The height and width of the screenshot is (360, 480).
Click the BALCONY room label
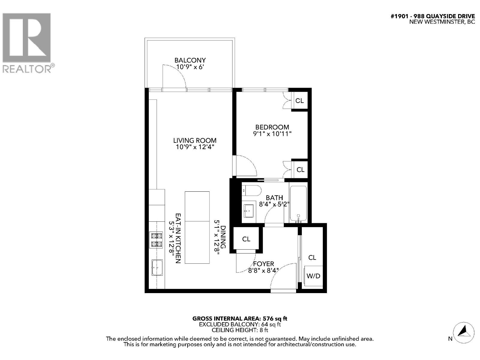(190, 60)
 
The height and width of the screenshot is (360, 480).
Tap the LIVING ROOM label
(195, 140)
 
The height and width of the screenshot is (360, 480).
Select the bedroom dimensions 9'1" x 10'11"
(272, 134)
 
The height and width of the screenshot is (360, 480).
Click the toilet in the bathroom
(251, 190)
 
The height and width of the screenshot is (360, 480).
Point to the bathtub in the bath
(298, 204)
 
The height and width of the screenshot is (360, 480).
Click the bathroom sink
(249, 211)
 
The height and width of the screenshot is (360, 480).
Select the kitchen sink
(157, 267)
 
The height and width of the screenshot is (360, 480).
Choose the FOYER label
(263, 264)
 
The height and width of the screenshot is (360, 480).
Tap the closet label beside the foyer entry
(246, 239)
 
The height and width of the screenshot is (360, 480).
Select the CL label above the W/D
(312, 258)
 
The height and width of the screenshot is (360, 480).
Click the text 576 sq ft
(275, 319)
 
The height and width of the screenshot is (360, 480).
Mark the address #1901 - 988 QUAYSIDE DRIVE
(433, 16)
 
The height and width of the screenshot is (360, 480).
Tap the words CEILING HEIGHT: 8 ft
(240, 330)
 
